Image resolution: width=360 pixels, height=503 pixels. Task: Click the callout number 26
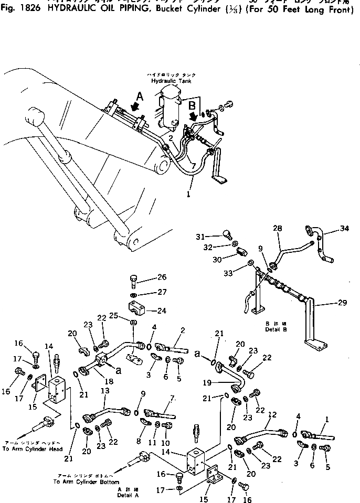click(162, 277)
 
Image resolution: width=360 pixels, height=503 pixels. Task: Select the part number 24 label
click(162, 311)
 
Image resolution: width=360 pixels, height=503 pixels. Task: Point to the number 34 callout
click(344, 228)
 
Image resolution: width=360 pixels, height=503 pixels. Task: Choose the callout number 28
click(278, 228)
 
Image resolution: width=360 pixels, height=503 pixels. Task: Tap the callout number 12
click(271, 414)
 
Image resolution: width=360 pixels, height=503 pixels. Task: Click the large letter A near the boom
click(139, 95)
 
